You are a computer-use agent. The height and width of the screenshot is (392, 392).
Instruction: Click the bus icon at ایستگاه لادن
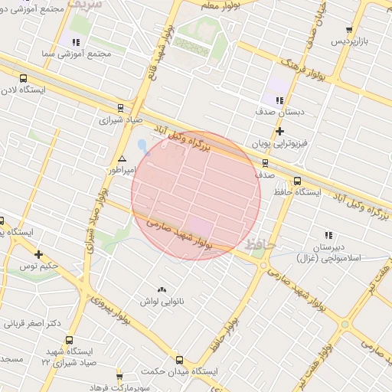coord(24,78)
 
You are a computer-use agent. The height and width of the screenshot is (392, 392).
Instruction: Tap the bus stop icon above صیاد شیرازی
coord(119,108)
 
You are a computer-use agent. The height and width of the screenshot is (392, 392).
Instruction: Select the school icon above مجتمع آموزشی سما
coord(75,42)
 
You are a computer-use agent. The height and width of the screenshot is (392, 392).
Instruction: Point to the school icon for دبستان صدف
coord(280,100)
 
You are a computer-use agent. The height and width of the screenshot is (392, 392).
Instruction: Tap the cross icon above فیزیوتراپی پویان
coord(280,132)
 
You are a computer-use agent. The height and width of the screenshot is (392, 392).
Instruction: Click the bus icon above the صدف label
coord(265,162)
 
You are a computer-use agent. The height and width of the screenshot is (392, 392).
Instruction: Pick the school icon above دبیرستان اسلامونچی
coord(329,235)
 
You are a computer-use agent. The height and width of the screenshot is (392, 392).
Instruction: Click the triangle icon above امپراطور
coord(122,158)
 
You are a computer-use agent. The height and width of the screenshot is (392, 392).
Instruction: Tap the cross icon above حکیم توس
coord(38,254)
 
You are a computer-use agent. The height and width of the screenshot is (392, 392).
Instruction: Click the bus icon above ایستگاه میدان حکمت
coord(179,359)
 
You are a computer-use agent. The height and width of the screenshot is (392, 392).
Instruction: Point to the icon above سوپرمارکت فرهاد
coord(119,376)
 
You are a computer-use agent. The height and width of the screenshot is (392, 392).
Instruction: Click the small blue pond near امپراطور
coord(141,145)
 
